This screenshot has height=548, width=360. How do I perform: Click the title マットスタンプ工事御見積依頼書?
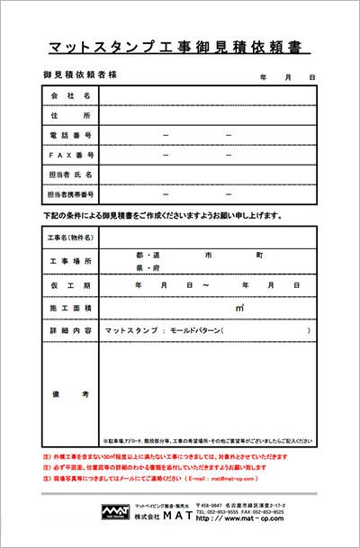coord(178,44)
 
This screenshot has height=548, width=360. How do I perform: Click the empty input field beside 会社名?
coord(207,95)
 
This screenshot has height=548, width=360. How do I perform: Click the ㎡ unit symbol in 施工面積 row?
coord(239,308)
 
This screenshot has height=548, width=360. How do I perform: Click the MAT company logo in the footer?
coord(113,512)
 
